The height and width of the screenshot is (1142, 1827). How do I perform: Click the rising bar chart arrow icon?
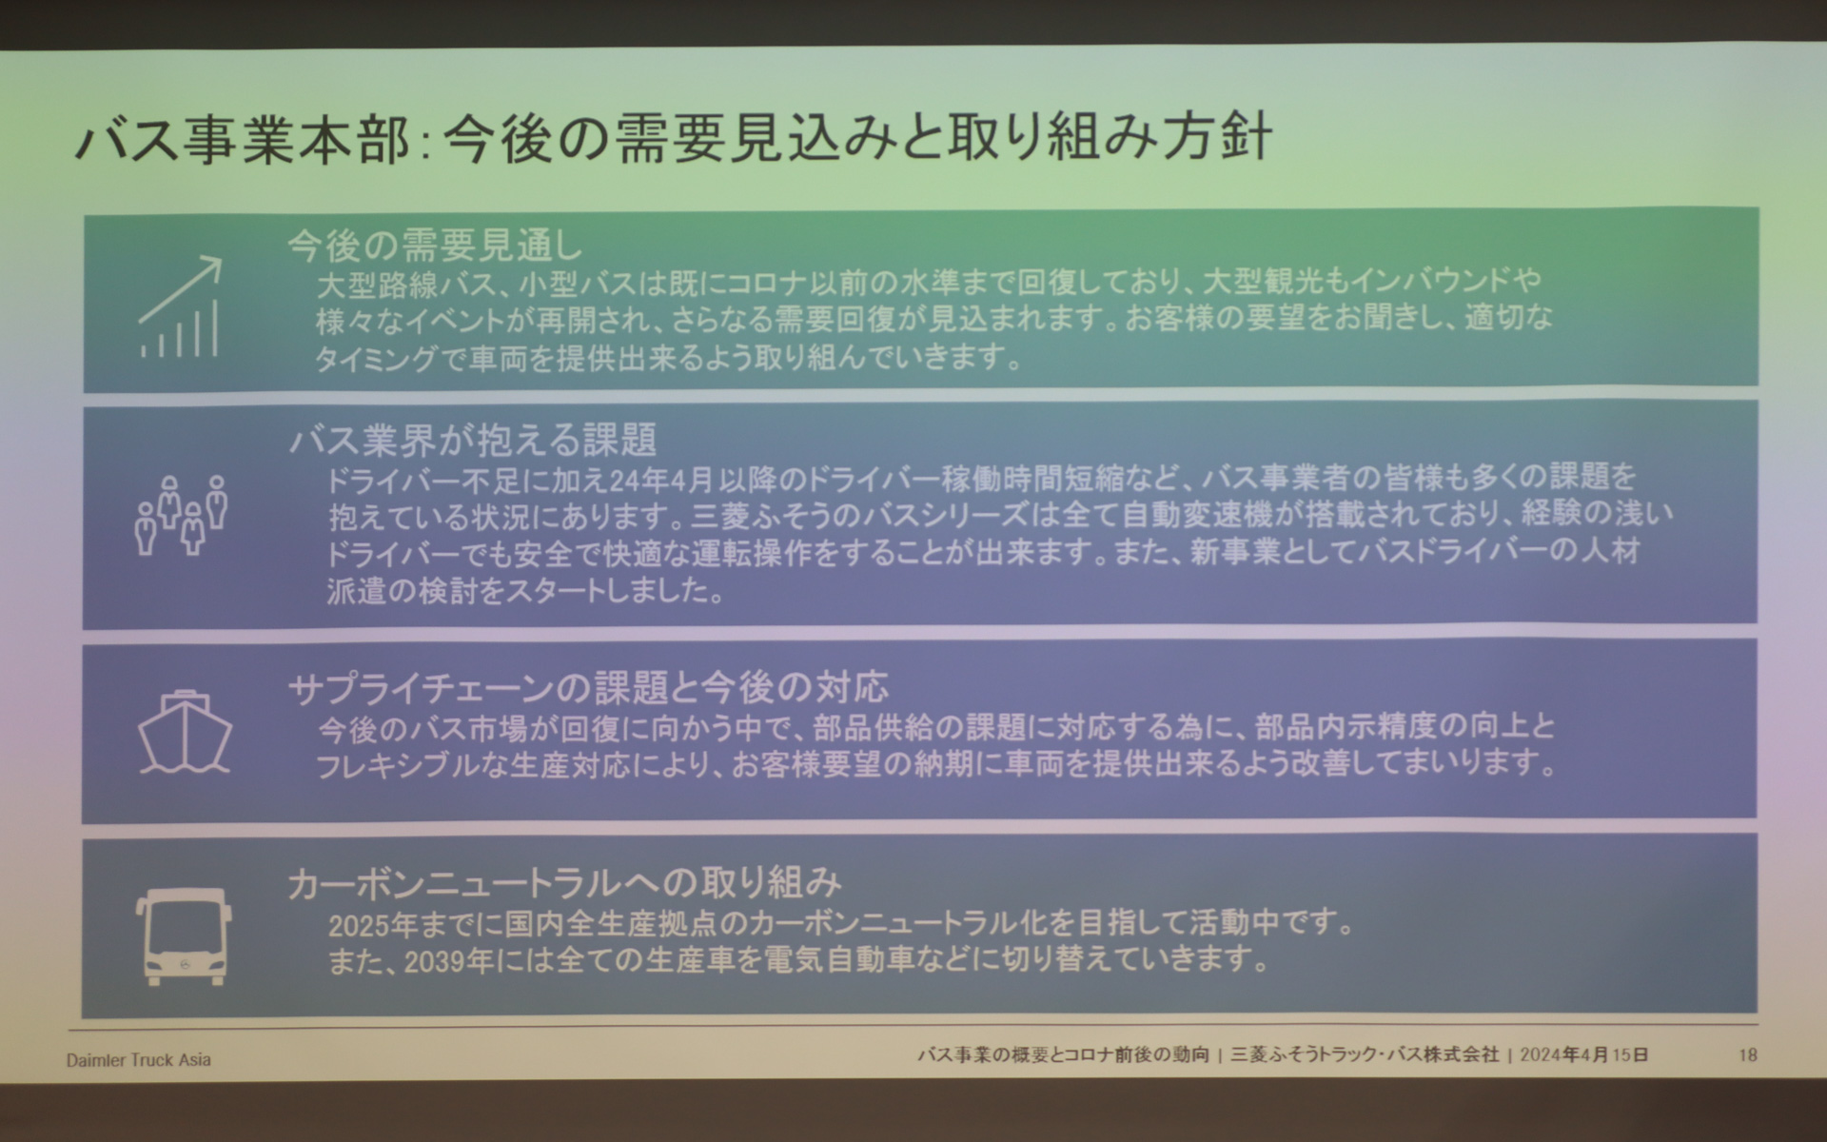click(181, 307)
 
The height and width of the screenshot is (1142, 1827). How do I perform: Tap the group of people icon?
click(181, 515)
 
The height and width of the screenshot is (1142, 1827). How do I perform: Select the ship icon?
click(185, 732)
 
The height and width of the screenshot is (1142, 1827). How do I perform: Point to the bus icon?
click(184, 936)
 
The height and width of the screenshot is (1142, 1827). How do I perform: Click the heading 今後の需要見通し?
click(435, 246)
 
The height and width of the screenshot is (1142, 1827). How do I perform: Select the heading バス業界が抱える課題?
click(473, 440)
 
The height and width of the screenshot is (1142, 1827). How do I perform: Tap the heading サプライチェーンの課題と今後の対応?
click(588, 687)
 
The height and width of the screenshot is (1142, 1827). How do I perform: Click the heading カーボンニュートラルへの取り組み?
click(564, 883)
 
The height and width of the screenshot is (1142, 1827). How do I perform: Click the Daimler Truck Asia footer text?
click(139, 1059)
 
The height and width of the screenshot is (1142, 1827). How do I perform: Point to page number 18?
click(1747, 1054)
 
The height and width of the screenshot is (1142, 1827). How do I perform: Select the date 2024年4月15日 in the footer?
click(1583, 1054)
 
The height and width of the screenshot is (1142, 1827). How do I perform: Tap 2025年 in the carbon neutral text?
click(372, 925)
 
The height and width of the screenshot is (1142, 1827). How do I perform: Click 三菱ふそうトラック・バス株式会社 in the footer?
click(1365, 1054)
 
